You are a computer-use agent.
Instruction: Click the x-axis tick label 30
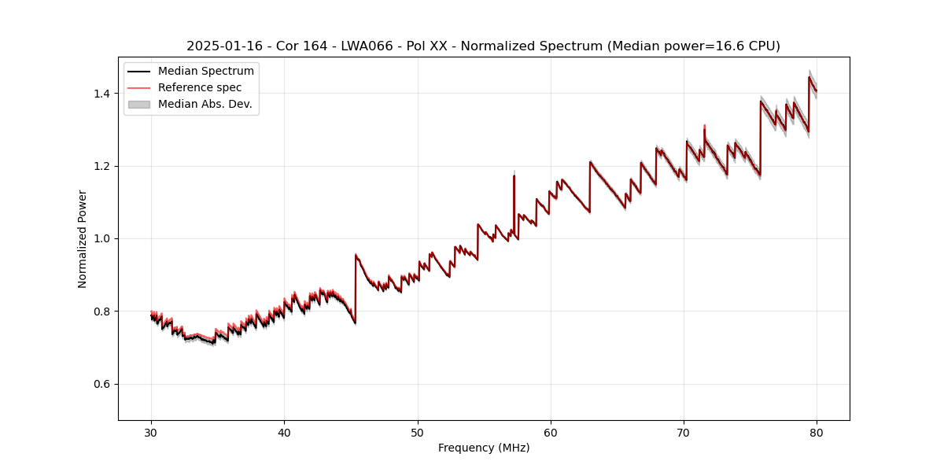[151, 432]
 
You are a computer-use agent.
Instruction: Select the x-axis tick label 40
[284, 432]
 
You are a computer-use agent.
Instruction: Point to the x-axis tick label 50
[418, 432]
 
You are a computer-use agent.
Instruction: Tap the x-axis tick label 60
[551, 432]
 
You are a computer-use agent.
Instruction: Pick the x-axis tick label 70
[684, 432]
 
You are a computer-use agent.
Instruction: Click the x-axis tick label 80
[817, 432]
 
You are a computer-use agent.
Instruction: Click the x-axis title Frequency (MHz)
[484, 448]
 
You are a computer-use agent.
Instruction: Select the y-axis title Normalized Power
[83, 238]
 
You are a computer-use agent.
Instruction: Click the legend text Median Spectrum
[206, 72]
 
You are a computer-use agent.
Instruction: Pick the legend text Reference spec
[200, 87]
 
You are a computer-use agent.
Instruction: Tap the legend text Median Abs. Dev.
[205, 104]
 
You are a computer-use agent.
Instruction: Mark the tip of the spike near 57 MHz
[514, 174]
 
